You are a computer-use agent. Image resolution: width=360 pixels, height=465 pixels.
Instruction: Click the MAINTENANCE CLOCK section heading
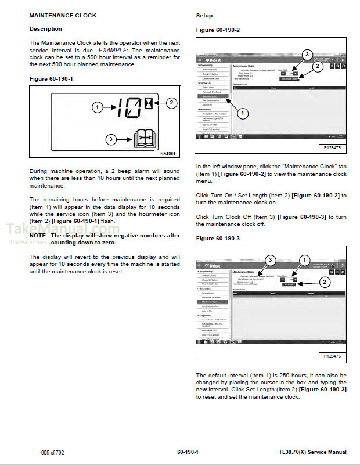tap(63, 15)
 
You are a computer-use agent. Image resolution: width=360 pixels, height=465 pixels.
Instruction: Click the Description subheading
tap(45, 29)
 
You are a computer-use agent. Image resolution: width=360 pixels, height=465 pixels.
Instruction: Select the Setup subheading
tap(204, 15)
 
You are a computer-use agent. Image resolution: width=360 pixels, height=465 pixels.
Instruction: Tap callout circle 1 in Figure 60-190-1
tap(98, 107)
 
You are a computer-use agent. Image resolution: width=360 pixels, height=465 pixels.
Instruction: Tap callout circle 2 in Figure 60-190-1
tap(171, 103)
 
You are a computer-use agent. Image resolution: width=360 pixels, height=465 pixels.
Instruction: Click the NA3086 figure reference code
tap(167, 154)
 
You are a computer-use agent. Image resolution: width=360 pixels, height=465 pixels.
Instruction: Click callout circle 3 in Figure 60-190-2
tap(307, 55)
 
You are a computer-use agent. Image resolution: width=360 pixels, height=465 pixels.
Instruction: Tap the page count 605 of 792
tap(52, 452)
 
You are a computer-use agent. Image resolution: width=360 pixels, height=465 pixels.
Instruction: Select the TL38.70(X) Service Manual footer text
tap(312, 452)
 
